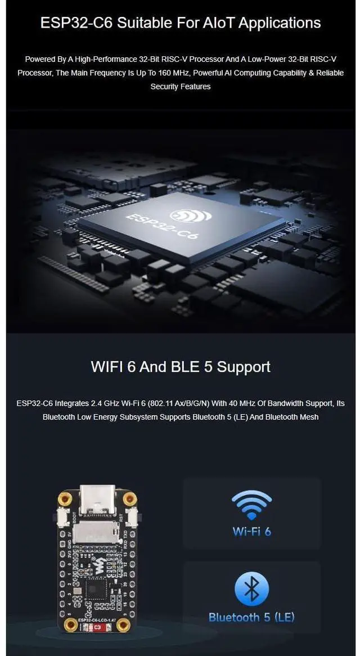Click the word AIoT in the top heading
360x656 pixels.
(225, 23)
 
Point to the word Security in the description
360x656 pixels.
(164, 87)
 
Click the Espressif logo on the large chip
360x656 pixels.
(191, 215)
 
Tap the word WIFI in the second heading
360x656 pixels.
(109, 367)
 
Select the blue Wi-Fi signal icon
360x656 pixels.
(251, 504)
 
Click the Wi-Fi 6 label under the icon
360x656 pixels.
(251, 531)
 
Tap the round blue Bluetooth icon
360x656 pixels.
(251, 588)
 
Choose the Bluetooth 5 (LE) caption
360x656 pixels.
(251, 617)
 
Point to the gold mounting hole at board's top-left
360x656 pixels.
(65, 497)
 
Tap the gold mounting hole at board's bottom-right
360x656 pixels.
(125, 625)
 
